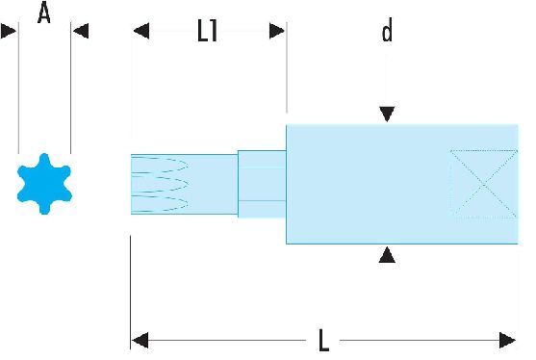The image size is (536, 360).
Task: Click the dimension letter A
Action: (x=44, y=13)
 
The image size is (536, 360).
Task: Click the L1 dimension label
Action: (x=208, y=31)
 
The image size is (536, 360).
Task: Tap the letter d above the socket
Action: (x=387, y=31)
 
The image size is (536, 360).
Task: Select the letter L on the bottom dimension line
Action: (x=323, y=340)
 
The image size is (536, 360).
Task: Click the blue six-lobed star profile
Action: (x=44, y=184)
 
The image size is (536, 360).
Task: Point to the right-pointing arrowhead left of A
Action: (x=9, y=31)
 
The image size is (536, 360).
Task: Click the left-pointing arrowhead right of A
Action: (x=81, y=31)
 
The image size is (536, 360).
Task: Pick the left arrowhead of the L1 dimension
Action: (x=141, y=31)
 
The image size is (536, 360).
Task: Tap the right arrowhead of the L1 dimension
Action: (x=277, y=31)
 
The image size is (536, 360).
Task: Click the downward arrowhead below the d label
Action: (x=387, y=114)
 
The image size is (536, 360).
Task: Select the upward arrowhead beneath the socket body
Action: (x=387, y=255)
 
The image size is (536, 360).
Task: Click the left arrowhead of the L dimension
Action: (x=140, y=340)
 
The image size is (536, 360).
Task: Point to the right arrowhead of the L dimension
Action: (x=507, y=340)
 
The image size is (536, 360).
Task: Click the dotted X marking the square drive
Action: (x=484, y=184)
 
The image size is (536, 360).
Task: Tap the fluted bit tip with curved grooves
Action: (x=184, y=184)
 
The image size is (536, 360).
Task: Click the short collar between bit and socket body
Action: (x=262, y=184)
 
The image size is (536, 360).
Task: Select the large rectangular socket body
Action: (x=402, y=184)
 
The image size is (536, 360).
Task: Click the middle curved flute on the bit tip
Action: (x=160, y=184)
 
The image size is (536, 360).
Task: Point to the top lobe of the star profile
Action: (x=44, y=160)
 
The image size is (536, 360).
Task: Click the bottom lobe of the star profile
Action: (x=44, y=208)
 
